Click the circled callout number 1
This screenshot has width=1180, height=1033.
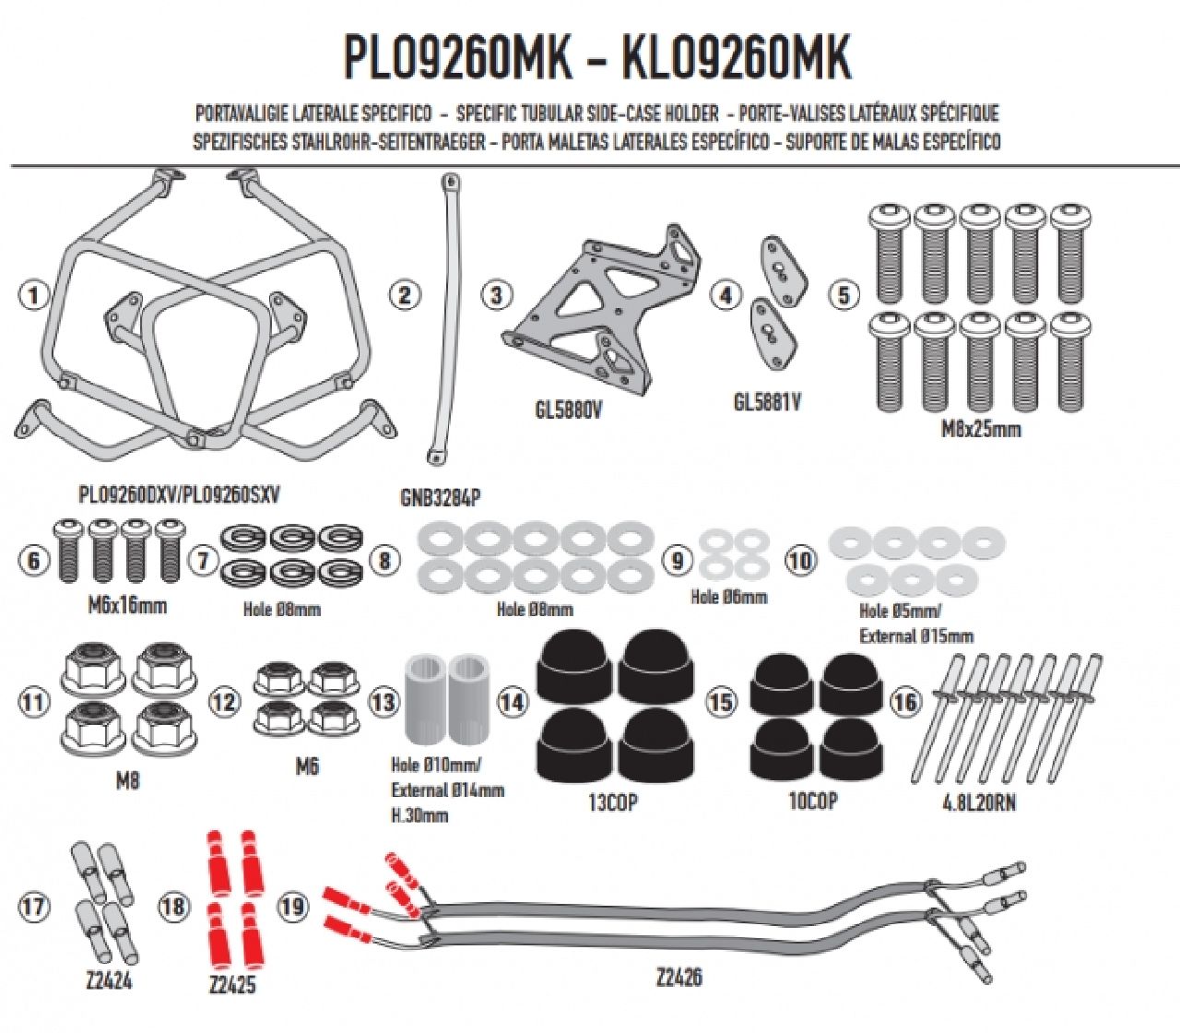point(34,296)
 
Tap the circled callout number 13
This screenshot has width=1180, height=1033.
point(383,702)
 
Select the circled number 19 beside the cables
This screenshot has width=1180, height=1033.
point(292,907)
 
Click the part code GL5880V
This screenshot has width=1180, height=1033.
point(569,410)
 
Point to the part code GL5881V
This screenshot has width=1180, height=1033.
point(767,402)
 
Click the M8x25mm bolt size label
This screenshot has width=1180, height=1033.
point(981,430)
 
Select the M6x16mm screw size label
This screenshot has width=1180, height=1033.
point(127,606)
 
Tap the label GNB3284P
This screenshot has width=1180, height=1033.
point(440,499)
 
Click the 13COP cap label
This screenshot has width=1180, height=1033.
point(612,802)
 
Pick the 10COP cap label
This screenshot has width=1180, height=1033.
point(812,801)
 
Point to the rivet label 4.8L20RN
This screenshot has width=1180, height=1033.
point(979,802)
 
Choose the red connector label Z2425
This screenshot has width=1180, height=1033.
point(231,985)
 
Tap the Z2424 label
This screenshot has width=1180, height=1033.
point(108,980)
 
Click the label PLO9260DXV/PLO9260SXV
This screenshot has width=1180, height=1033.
point(179,495)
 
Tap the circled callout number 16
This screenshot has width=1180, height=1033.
point(905,702)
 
